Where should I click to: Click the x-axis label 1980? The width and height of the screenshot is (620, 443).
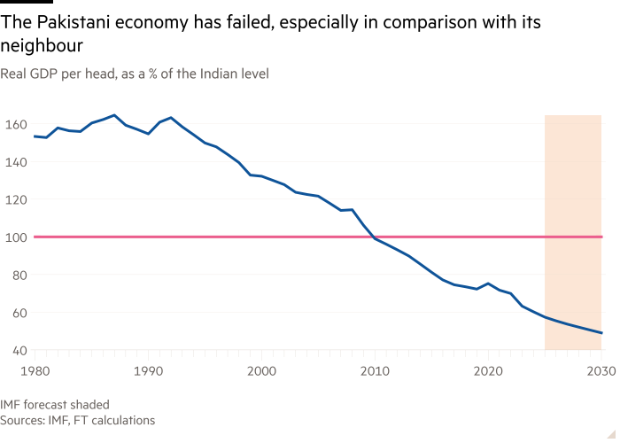[x=34, y=369]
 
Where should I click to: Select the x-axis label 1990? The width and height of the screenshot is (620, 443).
[x=147, y=369]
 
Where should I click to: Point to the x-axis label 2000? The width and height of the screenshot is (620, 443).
[x=261, y=369]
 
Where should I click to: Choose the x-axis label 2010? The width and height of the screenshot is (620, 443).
[x=375, y=369]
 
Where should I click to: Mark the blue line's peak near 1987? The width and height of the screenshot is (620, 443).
[x=114, y=114]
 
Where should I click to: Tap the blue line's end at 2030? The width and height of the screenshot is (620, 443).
[x=602, y=334]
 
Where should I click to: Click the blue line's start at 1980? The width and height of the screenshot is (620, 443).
[x=34, y=136]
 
